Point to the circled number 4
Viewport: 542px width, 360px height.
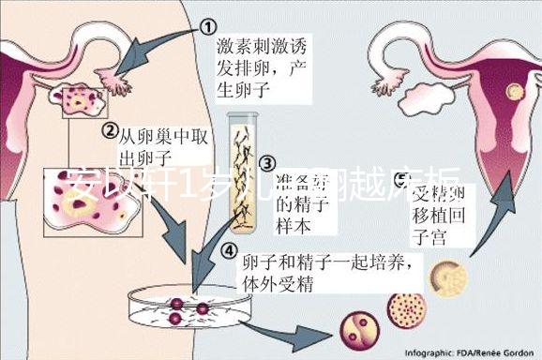tap(229, 250)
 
